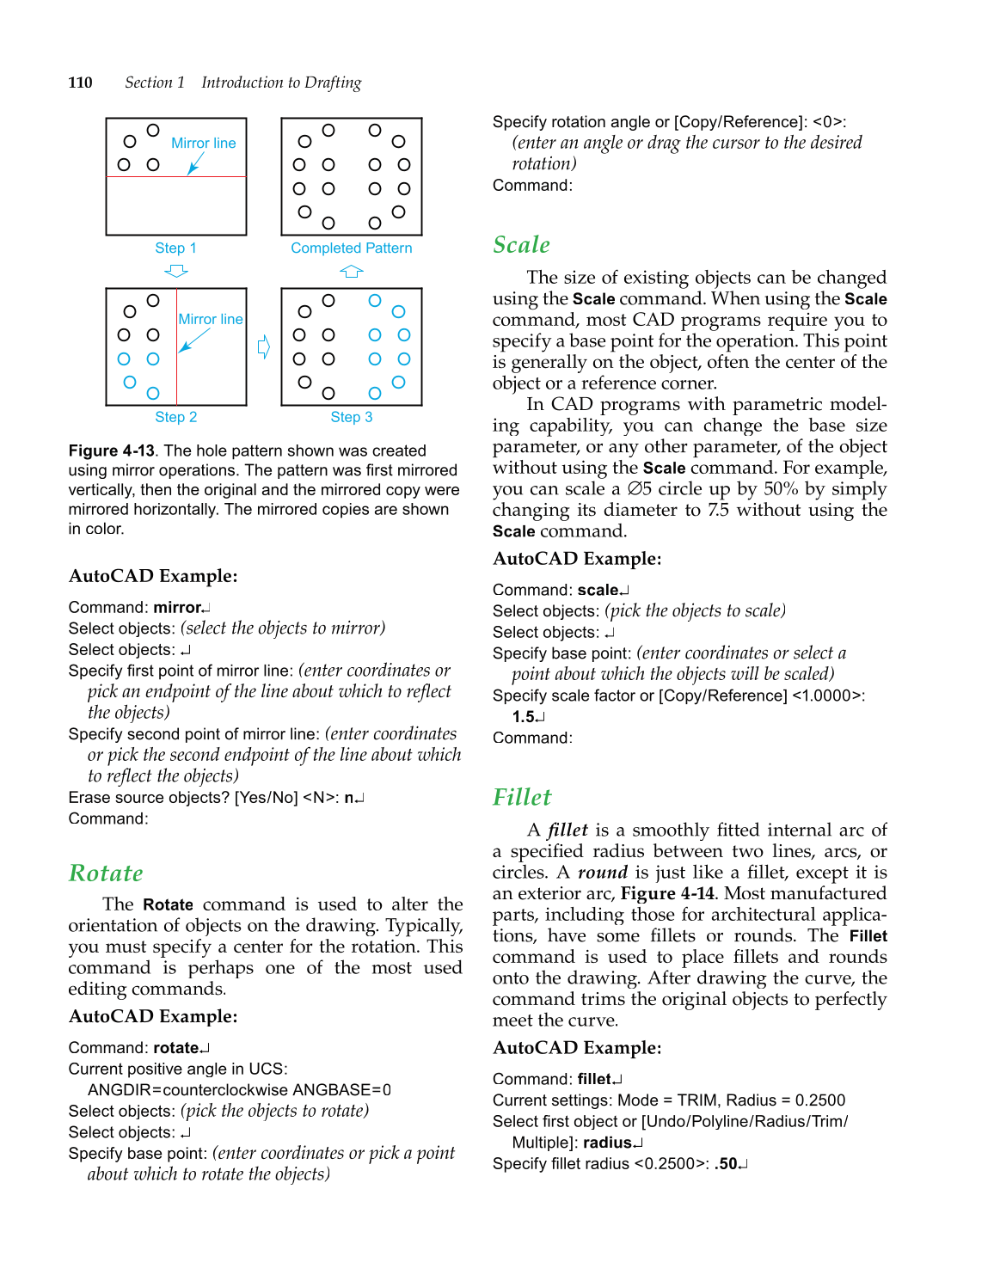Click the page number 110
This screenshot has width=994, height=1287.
(80, 83)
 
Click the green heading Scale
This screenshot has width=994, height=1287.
(521, 245)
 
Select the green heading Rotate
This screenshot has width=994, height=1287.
(106, 873)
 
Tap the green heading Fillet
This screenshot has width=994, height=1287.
(522, 798)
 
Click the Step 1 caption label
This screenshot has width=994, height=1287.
(175, 248)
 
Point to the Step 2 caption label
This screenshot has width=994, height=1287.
(175, 417)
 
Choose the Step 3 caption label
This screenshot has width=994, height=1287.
(352, 417)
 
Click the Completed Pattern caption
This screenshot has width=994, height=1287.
(351, 248)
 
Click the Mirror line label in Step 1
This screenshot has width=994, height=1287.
(203, 143)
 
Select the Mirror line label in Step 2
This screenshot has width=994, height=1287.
(211, 319)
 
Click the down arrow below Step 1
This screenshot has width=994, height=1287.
(176, 271)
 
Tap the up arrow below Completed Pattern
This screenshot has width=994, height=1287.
(351, 271)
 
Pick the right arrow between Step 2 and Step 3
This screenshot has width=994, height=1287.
(264, 346)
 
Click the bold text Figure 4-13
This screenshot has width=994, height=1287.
(112, 450)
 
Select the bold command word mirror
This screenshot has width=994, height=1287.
(177, 608)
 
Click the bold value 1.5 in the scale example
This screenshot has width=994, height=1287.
(524, 717)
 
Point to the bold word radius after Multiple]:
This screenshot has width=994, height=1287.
(607, 1143)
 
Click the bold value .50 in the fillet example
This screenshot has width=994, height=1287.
(726, 1164)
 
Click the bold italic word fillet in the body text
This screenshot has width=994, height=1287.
(568, 830)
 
